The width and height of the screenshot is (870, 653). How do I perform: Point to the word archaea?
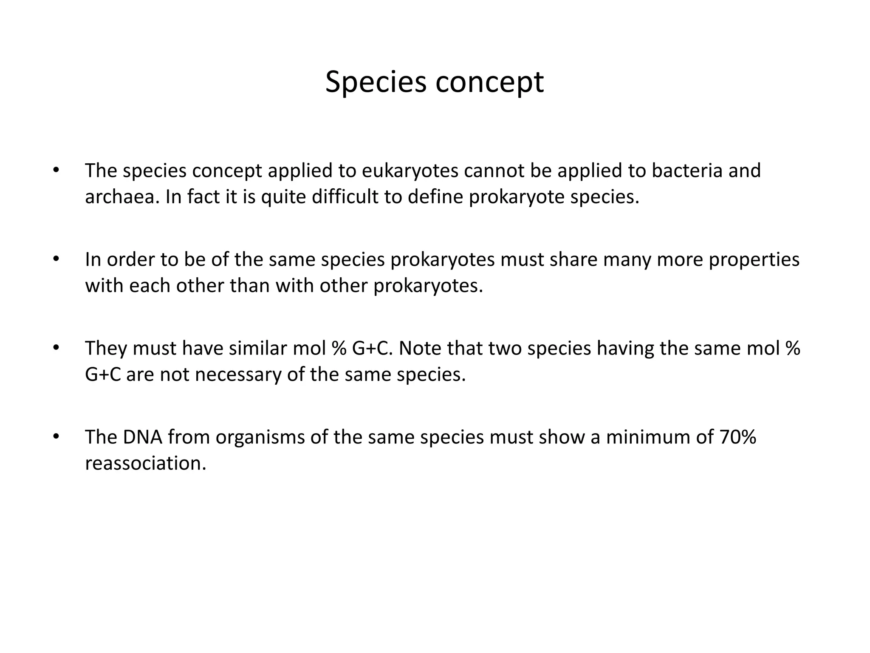click(120, 197)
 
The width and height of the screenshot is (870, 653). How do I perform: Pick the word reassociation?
click(145, 463)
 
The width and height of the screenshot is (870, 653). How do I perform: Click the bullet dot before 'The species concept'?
click(55, 171)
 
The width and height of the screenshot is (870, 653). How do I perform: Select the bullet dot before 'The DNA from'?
click(55, 437)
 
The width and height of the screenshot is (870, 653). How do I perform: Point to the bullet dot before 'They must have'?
click(55, 349)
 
